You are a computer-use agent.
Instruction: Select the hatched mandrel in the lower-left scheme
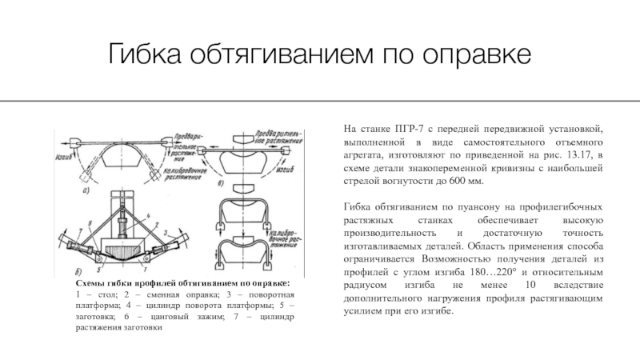pos(128,242)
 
